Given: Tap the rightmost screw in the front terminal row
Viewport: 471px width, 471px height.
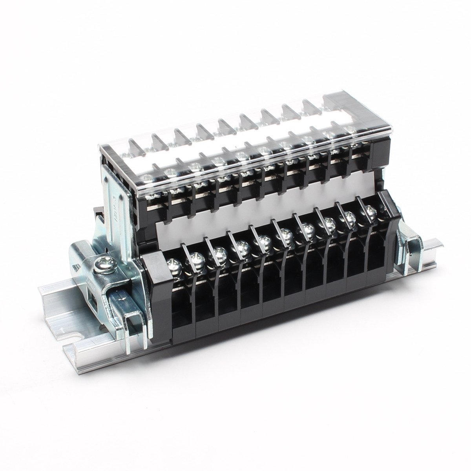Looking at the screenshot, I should [370, 212].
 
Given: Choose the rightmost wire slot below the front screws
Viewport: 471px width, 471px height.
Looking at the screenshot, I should [376, 255].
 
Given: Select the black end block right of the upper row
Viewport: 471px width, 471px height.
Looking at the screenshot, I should [379, 157].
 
